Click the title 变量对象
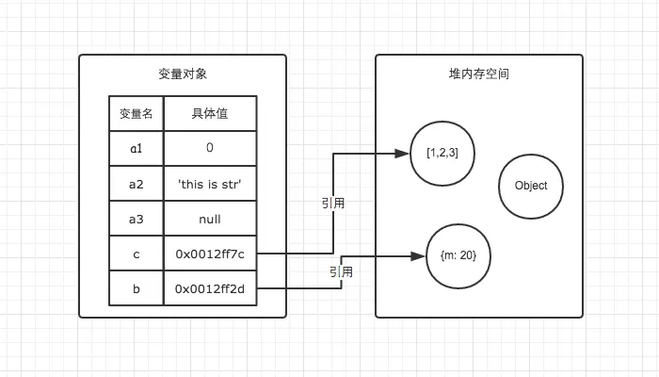[x=183, y=74]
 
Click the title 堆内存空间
[x=479, y=74]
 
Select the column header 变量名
[x=136, y=114]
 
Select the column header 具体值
[x=209, y=114]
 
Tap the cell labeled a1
[x=136, y=149]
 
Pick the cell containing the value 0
[x=209, y=149]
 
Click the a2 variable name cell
[x=136, y=184]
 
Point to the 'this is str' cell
[x=209, y=184]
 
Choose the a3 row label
[x=136, y=219]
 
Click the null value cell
[x=209, y=219]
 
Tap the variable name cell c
[x=136, y=254]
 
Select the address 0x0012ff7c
[x=209, y=254]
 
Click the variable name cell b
[x=136, y=288]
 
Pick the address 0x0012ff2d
[x=209, y=288]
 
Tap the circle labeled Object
[x=530, y=186]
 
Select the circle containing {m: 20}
[x=458, y=255]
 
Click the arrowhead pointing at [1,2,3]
[x=404, y=154]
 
